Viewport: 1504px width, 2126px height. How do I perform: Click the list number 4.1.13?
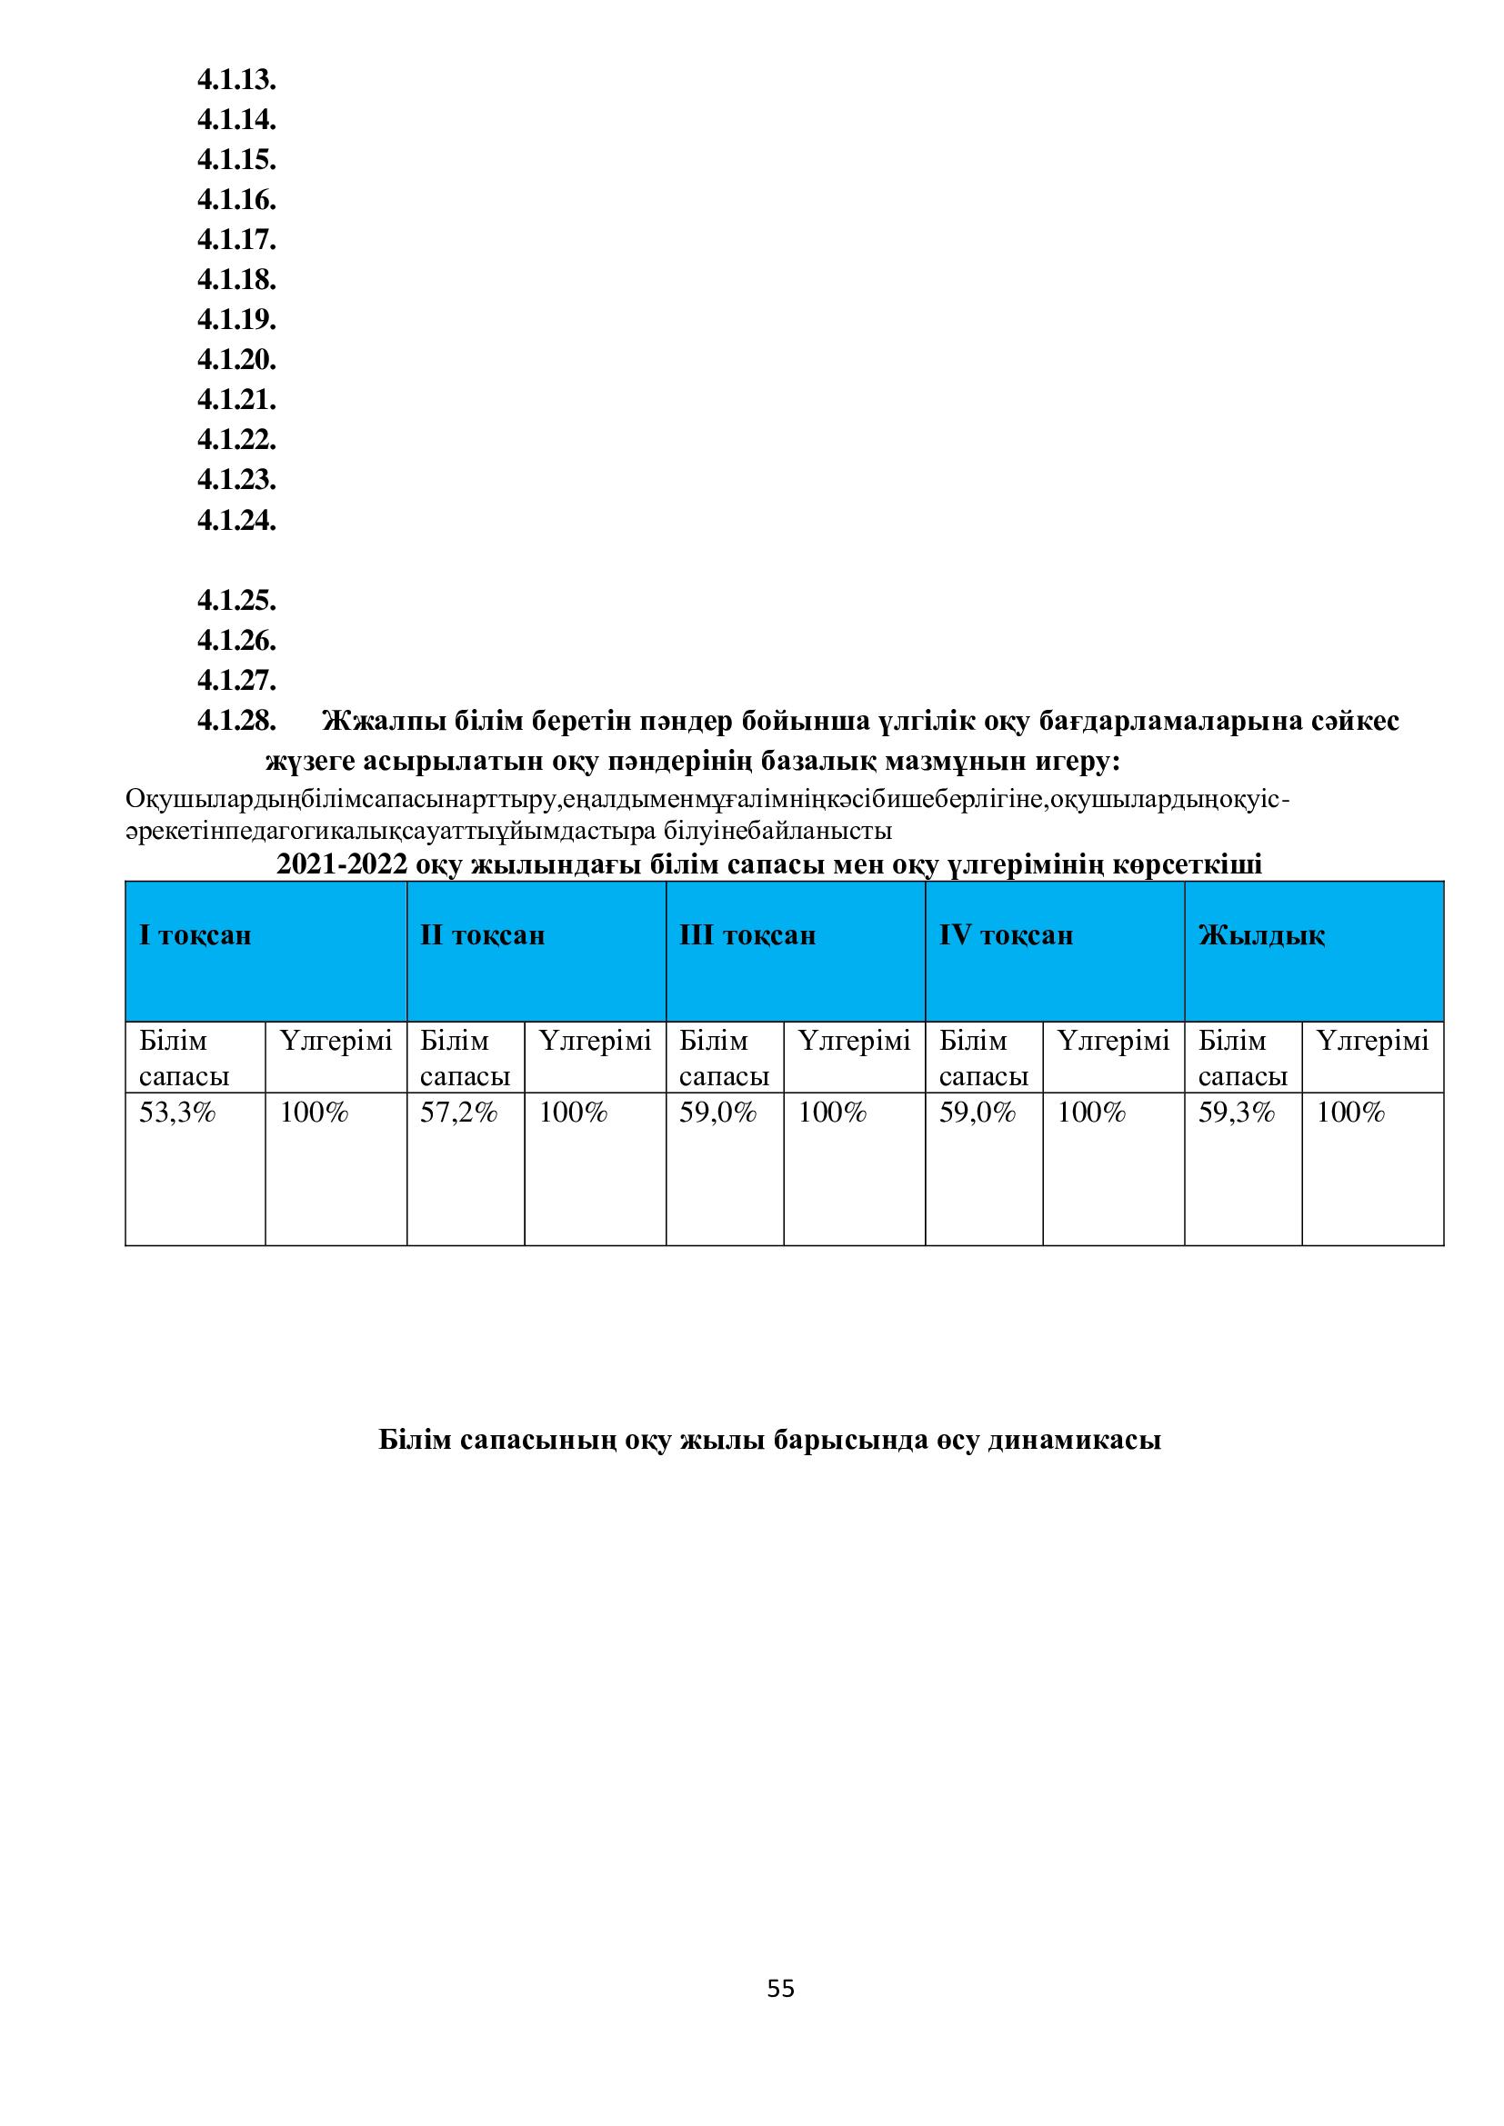click(236, 81)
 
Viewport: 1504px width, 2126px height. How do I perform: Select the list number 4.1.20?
click(236, 359)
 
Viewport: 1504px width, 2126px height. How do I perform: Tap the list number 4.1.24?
click(236, 521)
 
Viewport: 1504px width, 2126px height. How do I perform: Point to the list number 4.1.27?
click(236, 681)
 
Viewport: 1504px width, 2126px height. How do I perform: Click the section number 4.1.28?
click(236, 721)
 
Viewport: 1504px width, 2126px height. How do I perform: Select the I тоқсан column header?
click(196, 935)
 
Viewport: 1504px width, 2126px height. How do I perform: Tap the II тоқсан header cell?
click(483, 935)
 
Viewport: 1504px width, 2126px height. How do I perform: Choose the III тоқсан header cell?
click(747, 935)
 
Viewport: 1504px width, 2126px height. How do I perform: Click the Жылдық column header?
click(1261, 935)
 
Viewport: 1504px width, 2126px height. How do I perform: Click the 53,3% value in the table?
click(177, 1113)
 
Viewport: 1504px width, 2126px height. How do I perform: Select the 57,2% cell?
click(458, 1113)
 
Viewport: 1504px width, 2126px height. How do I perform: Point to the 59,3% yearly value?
click(1237, 1113)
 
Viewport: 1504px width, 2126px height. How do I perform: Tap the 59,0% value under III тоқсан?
click(717, 1113)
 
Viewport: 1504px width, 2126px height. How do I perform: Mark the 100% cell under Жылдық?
click(1350, 1113)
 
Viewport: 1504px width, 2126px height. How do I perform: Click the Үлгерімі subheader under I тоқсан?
click(336, 1042)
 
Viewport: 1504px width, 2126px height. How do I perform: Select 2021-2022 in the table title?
click(342, 864)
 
